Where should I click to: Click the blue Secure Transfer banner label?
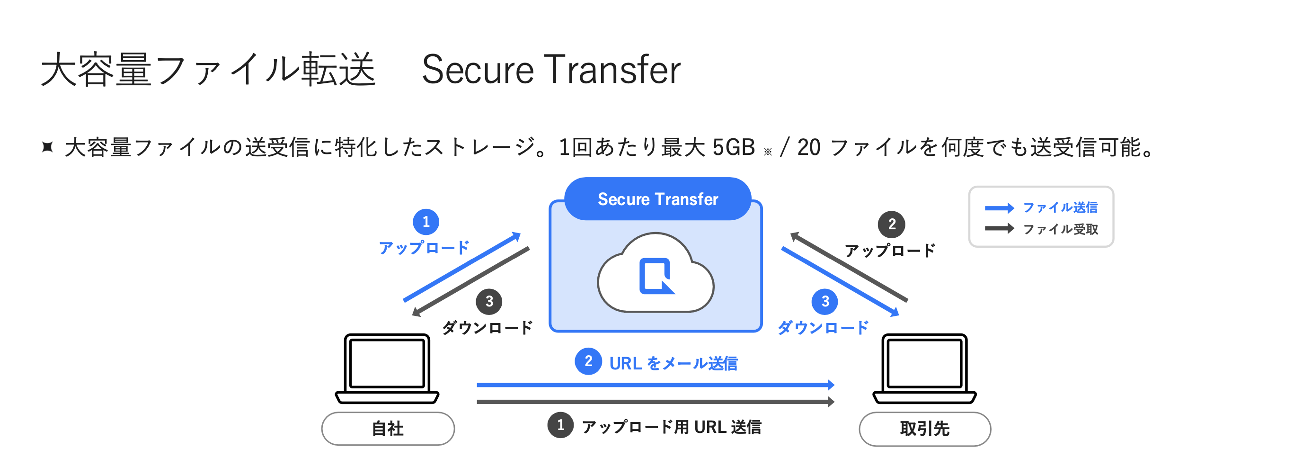tap(657, 199)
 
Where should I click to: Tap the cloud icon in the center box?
tap(656, 274)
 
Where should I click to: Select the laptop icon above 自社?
tap(387, 368)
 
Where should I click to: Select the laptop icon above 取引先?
tap(924, 368)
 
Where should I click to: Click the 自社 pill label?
tap(388, 428)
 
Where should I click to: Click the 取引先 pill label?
tap(924, 428)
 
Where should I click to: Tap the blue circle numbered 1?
tap(426, 222)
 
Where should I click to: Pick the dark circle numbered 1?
tap(560, 425)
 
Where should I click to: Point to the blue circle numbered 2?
tap(588, 361)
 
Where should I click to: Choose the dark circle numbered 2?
tap(892, 224)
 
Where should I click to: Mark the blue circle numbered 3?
tap(825, 301)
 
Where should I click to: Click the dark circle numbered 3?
tap(489, 301)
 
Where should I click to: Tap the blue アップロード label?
tap(424, 247)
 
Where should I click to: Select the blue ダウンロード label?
tap(823, 327)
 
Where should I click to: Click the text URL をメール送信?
tap(673, 363)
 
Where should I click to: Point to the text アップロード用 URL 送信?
tap(671, 427)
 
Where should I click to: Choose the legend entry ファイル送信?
tap(1060, 207)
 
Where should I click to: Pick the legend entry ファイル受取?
tap(1060, 229)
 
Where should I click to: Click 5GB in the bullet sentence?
tap(734, 147)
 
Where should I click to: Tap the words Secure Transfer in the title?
tap(551, 69)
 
